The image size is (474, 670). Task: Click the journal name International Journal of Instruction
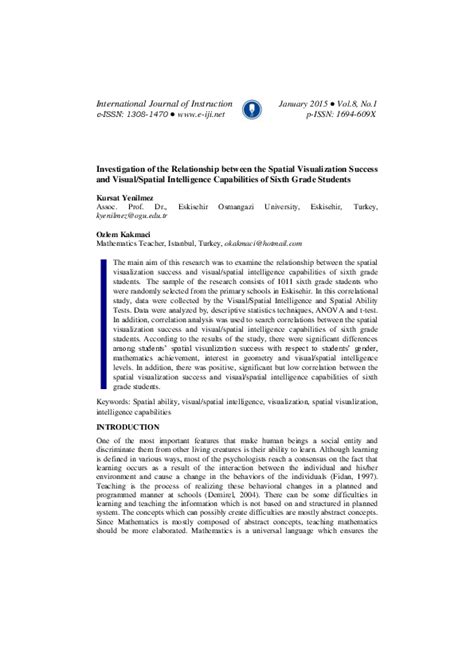pyautogui.click(x=163, y=103)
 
